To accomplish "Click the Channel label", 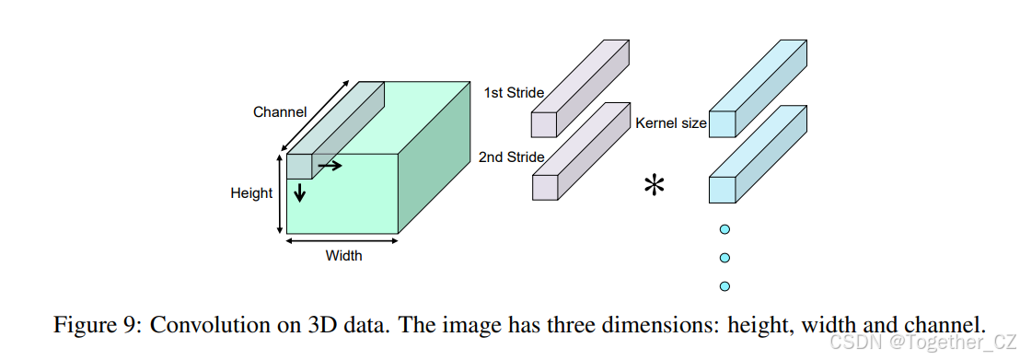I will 280,112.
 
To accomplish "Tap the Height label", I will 251,193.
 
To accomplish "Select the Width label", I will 343,255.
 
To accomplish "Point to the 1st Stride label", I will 514,92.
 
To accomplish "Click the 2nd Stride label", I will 511,157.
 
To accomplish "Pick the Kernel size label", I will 670,122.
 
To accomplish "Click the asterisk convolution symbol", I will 655,187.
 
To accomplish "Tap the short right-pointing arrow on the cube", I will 330,166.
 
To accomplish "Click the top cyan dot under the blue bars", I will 724,229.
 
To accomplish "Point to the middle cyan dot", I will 724,258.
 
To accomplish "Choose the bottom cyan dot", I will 724,285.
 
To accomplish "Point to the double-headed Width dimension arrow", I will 342,241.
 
